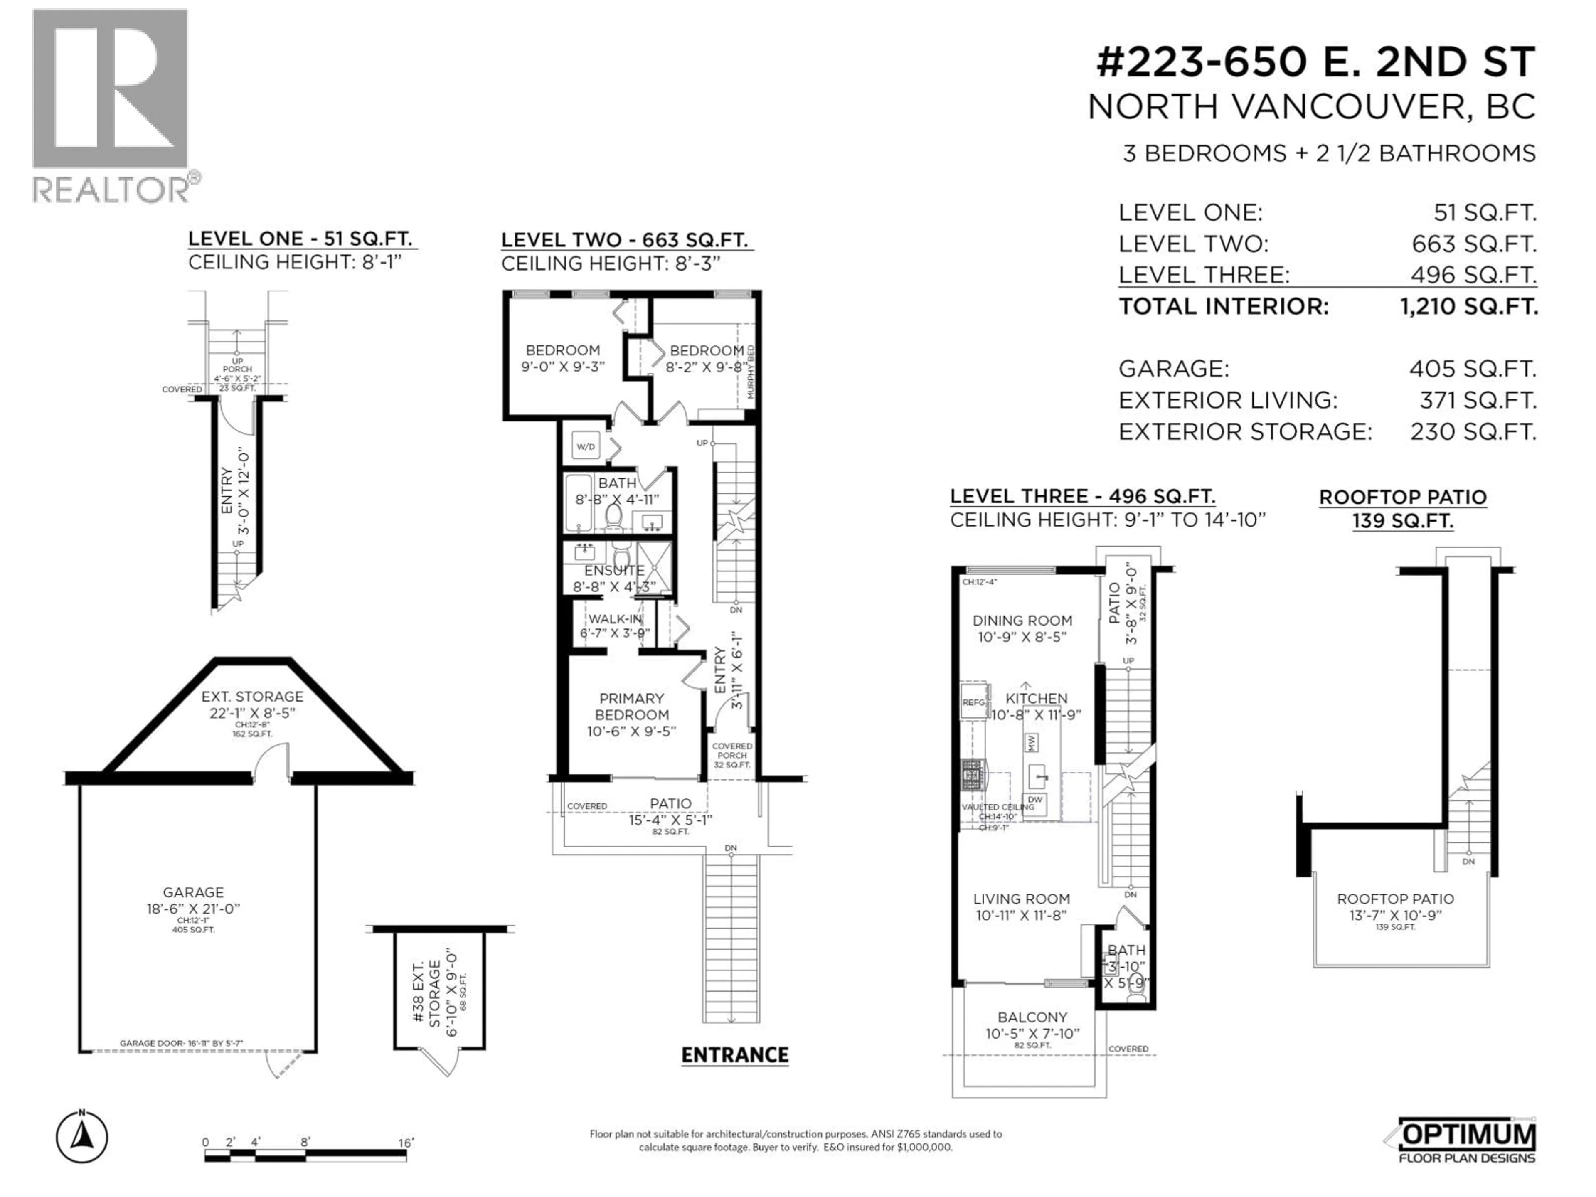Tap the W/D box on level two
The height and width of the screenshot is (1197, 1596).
pyautogui.click(x=586, y=447)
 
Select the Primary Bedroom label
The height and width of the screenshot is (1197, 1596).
pyautogui.click(x=631, y=707)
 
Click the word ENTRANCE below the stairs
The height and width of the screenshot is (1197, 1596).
pyautogui.click(x=734, y=1056)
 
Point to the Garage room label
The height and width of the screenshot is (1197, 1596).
pyautogui.click(x=193, y=892)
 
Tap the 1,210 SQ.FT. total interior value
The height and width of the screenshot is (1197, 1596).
pyautogui.click(x=1468, y=307)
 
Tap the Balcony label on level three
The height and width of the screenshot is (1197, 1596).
pyautogui.click(x=1032, y=1017)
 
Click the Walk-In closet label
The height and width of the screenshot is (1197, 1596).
pyautogui.click(x=615, y=619)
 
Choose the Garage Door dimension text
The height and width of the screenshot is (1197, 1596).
pyautogui.click(x=181, y=1043)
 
